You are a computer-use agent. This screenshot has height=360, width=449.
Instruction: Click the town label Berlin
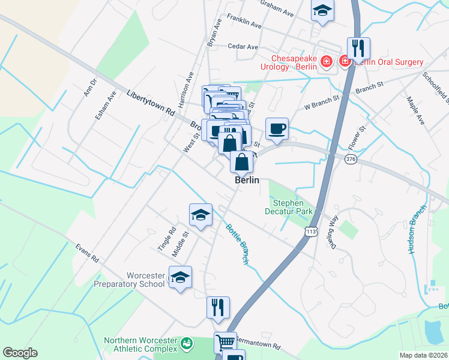pos(246,180)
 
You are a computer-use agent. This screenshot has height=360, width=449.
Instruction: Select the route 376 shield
pos(351,159)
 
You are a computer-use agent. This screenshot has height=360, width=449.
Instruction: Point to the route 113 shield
pos(310,232)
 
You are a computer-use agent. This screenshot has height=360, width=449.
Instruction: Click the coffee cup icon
pos(277,128)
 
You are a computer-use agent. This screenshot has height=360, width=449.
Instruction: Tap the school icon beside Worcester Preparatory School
pos(179,277)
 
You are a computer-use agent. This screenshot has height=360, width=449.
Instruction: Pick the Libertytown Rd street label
pos(151,103)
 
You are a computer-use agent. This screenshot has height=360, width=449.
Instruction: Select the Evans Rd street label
pos(86,253)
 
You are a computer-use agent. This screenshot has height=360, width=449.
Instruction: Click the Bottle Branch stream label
pos(237,244)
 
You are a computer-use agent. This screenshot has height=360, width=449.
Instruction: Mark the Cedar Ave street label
pos(243,46)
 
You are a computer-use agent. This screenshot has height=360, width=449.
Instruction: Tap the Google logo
pos(20,353)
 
